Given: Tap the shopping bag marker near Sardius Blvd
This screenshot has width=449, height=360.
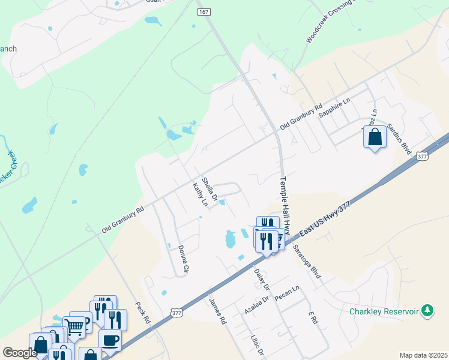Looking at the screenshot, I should pyautogui.click(x=375, y=137).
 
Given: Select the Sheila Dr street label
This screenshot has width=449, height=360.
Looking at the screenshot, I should pyautogui.click(x=209, y=188).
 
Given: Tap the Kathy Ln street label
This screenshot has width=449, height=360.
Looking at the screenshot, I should pyautogui.click(x=199, y=195).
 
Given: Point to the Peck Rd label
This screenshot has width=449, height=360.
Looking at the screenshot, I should pyautogui.click(x=142, y=312).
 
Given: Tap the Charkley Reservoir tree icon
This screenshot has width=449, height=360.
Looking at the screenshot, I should pyautogui.click(x=427, y=310).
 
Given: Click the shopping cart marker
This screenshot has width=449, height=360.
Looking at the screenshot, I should pyautogui.click(x=74, y=327).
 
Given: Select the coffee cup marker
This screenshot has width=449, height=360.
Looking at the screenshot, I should pyautogui.click(x=110, y=340).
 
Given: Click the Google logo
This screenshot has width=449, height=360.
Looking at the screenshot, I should pyautogui.click(x=19, y=353).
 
